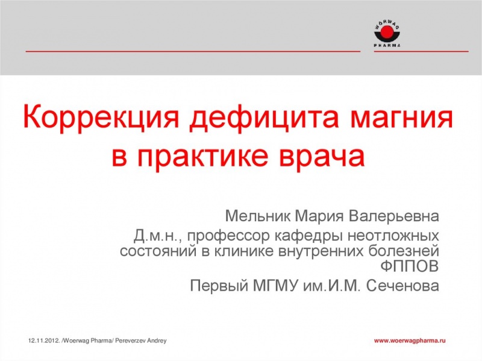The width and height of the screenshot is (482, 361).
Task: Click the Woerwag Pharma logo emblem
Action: click(387, 30)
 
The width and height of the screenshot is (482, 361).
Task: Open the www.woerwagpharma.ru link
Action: click(410, 341)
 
